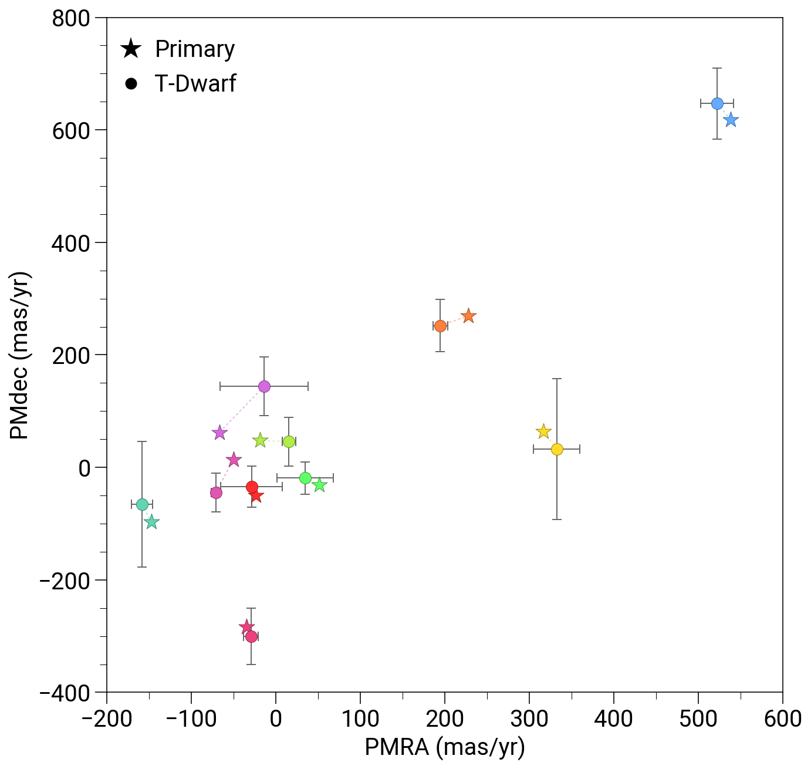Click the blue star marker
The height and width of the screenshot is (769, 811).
[731, 120]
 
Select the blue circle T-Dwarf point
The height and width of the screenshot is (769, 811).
[717, 103]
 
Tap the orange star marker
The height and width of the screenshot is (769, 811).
[468, 316]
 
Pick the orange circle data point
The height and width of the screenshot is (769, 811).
[440, 326]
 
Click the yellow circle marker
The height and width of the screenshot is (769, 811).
[557, 449]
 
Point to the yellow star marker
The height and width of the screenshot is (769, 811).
[543, 431]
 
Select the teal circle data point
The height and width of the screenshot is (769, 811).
[142, 505]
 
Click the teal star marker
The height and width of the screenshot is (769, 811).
[151, 522]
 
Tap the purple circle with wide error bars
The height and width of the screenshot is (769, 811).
[264, 386]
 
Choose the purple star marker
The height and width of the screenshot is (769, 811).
[219, 433]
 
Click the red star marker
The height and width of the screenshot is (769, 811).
[256, 497]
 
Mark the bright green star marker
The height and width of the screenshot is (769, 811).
[319, 485]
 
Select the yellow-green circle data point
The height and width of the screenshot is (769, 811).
[289, 441]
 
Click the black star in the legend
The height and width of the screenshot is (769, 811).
[131, 49]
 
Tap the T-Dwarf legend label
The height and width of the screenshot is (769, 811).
[195, 83]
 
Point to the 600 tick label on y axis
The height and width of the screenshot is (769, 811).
[71, 130]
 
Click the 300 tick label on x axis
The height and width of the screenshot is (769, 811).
[529, 719]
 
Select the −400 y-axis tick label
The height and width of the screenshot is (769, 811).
[65, 693]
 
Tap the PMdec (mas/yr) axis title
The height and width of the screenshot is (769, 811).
[20, 355]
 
